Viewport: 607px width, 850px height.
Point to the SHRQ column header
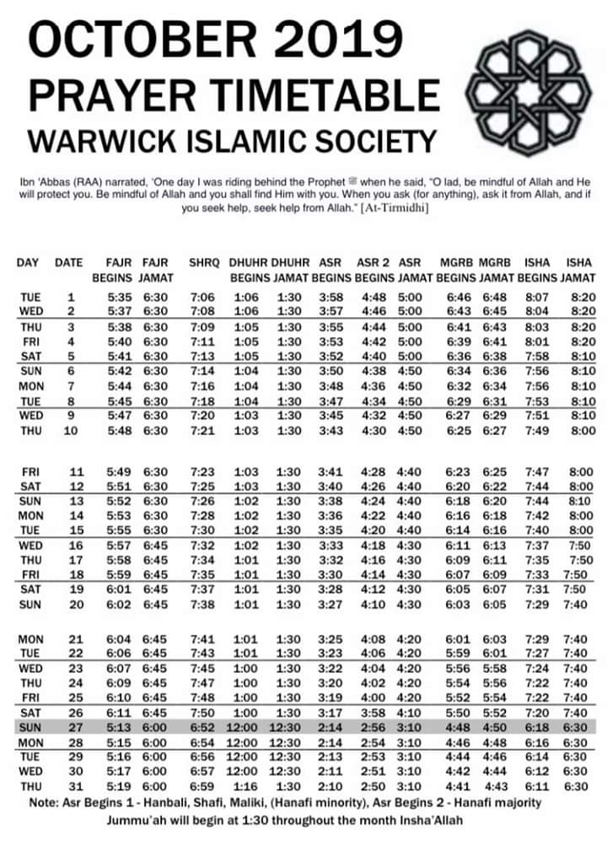[x=203, y=262]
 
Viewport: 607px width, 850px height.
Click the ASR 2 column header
[x=373, y=262]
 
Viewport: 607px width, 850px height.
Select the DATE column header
[x=69, y=262]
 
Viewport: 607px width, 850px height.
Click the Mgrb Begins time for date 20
[x=459, y=605]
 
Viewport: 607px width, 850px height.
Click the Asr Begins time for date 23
[x=328, y=667]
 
